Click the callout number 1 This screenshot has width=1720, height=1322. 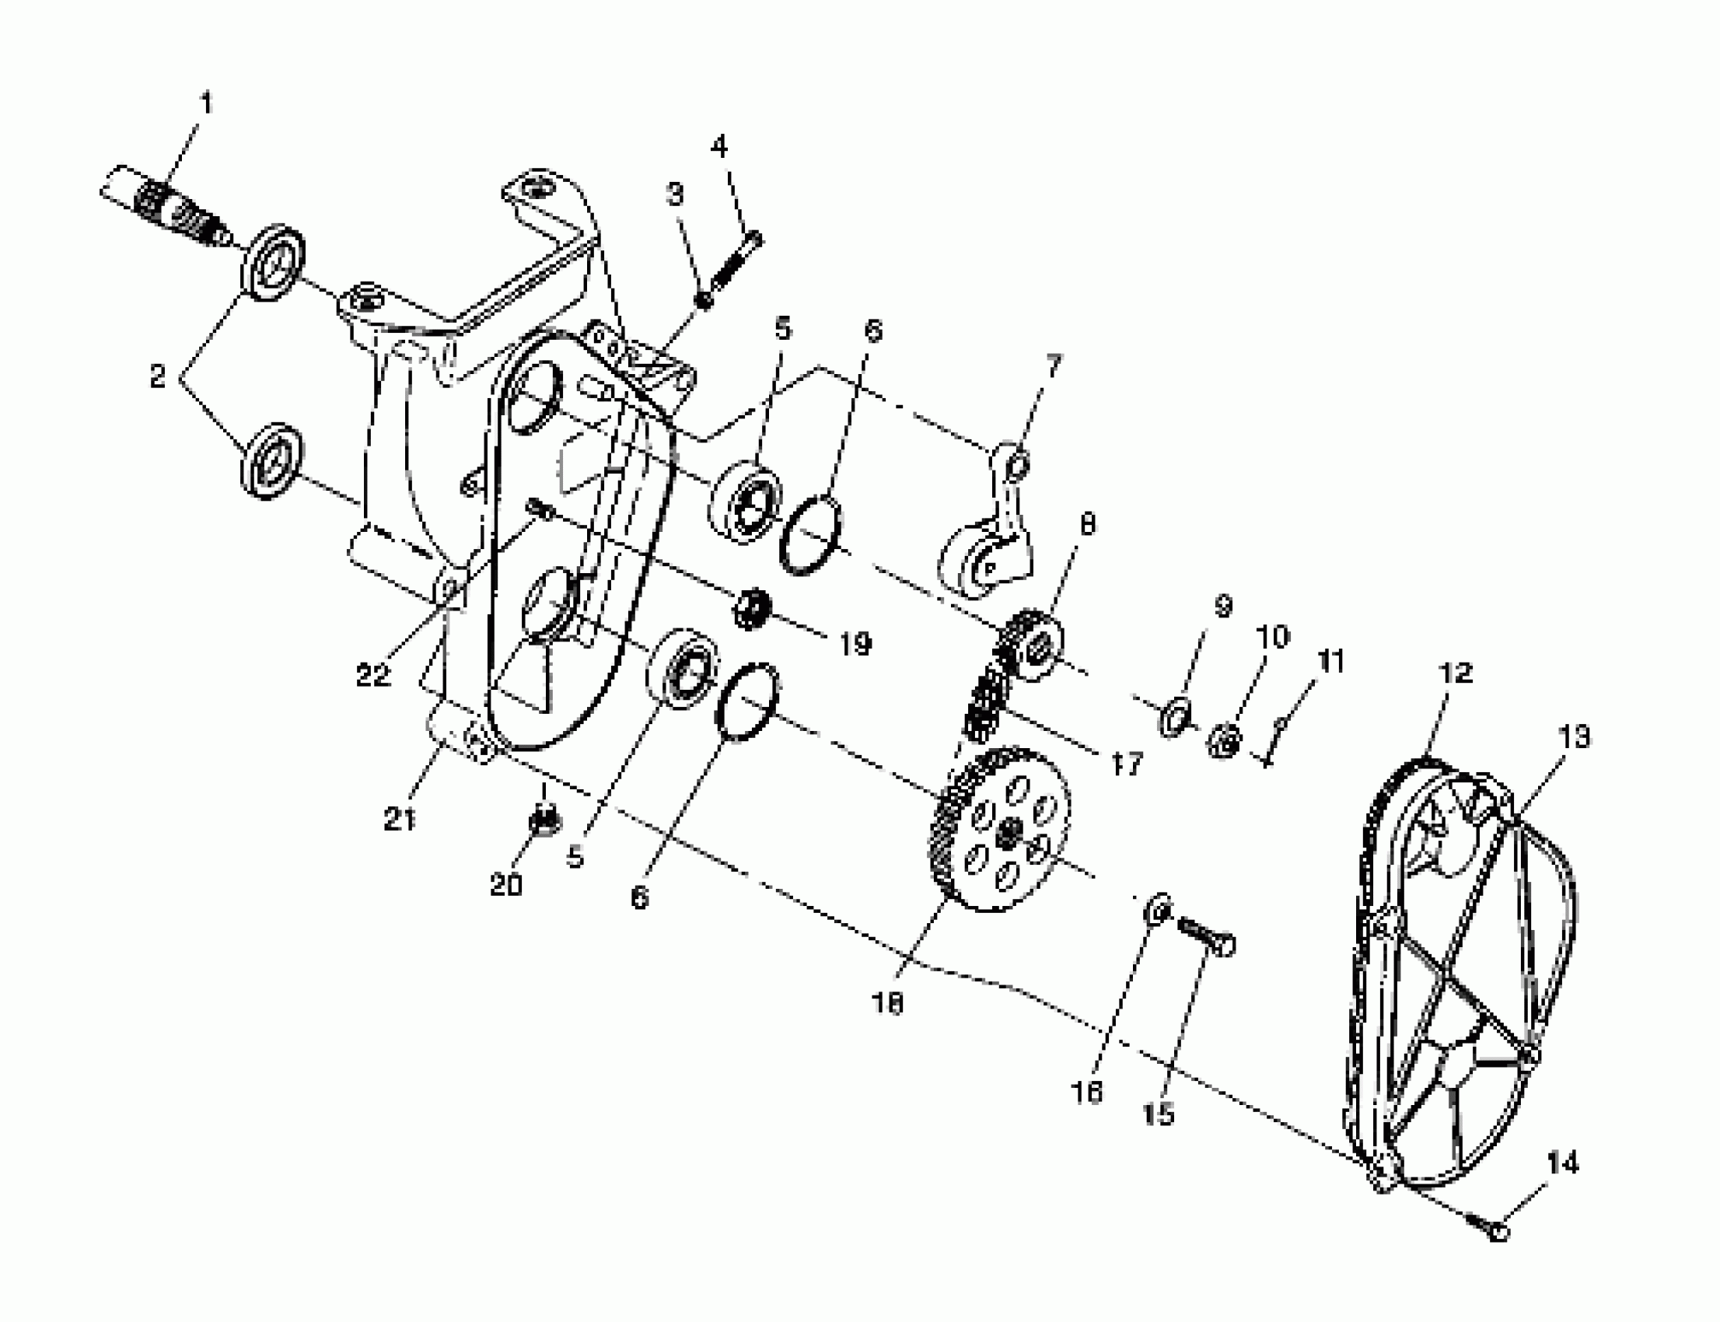(x=207, y=103)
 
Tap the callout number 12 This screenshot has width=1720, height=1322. (x=1455, y=673)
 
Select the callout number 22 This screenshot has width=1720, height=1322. (x=373, y=674)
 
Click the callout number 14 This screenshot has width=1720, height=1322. (x=1562, y=1163)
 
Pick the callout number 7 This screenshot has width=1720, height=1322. (x=1054, y=365)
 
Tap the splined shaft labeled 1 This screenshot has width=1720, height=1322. (x=170, y=208)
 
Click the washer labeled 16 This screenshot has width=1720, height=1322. (x=1155, y=910)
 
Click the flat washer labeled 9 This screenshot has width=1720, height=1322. (x=1174, y=717)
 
